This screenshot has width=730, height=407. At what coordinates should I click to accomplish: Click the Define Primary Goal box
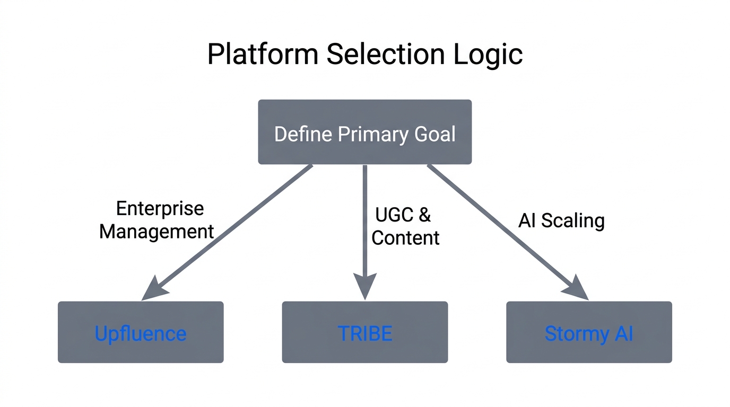click(364, 132)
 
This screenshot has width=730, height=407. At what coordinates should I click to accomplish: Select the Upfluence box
click(141, 332)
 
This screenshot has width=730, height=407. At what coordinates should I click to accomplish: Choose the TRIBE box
click(364, 332)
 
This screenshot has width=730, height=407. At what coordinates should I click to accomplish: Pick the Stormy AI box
click(589, 332)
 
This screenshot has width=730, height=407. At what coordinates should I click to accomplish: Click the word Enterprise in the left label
click(160, 208)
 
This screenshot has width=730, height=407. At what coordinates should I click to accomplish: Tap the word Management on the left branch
click(157, 232)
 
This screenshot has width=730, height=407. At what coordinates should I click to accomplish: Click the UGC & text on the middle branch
click(403, 215)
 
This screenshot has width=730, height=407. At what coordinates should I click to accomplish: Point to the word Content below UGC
click(405, 237)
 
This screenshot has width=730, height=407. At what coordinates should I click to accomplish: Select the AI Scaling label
click(561, 220)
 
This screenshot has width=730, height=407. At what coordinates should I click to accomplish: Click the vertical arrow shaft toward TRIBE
click(364, 223)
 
